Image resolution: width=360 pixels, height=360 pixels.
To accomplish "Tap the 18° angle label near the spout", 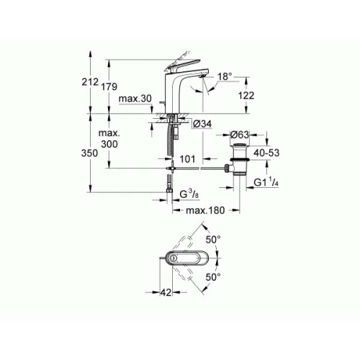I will point(225,75).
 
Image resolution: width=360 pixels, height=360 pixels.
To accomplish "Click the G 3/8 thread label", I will point(189,193).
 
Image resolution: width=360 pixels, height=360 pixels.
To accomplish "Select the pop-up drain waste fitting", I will point(238,164).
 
